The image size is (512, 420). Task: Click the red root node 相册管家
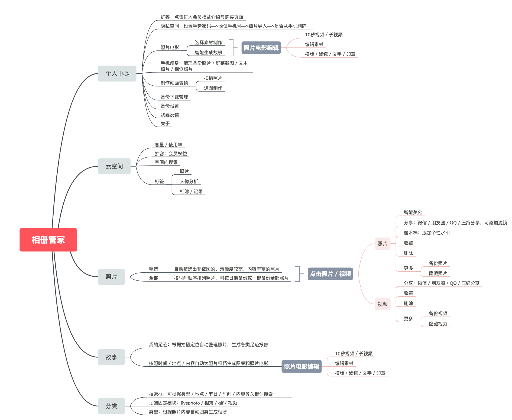coord(48,240)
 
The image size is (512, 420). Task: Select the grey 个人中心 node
coord(117,73)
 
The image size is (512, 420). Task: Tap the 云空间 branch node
coord(114,166)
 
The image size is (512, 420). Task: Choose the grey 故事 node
coord(111,357)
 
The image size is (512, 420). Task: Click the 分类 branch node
coord(111,406)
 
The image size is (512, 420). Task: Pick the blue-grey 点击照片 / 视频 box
coord(330,274)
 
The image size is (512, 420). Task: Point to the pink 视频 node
coord(382,304)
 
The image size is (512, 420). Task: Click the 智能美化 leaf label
coord(413,212)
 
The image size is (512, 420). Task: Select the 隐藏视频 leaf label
coord(438,324)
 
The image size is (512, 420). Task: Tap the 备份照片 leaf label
coord(438,263)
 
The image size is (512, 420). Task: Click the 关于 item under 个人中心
coord(165,124)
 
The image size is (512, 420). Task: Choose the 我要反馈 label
coord(170,115)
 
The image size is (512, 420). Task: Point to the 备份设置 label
coord(170,106)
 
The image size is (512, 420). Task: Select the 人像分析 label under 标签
coord(189,181)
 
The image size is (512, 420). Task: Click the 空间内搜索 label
coord(166,162)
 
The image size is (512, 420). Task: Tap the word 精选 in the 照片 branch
coord(153,269)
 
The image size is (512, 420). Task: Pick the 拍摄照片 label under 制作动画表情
coord(213,78)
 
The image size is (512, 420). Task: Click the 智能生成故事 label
coord(208,53)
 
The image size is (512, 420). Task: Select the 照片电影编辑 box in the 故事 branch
coord(302,366)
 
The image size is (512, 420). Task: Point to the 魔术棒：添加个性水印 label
coord(426,233)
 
